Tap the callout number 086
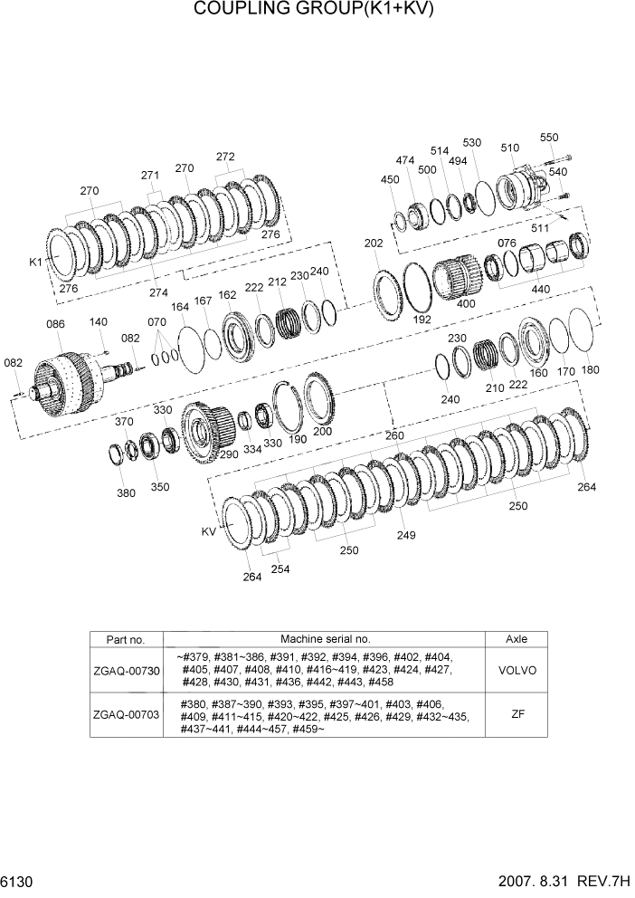point(55,323)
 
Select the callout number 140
point(99,322)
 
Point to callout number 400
point(466,304)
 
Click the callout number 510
point(509,148)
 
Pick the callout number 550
point(549,138)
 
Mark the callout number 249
point(405,535)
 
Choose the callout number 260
point(394,435)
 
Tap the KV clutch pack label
point(210,532)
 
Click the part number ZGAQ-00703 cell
point(126,714)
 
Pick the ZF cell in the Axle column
point(517,714)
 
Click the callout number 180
point(590,369)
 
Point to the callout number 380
point(126,493)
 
